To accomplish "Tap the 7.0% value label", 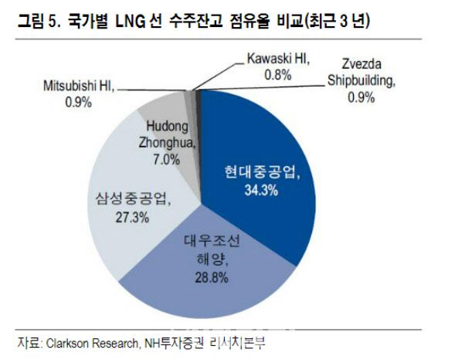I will [x=166, y=160].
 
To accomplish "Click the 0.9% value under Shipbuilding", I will [x=360, y=97].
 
